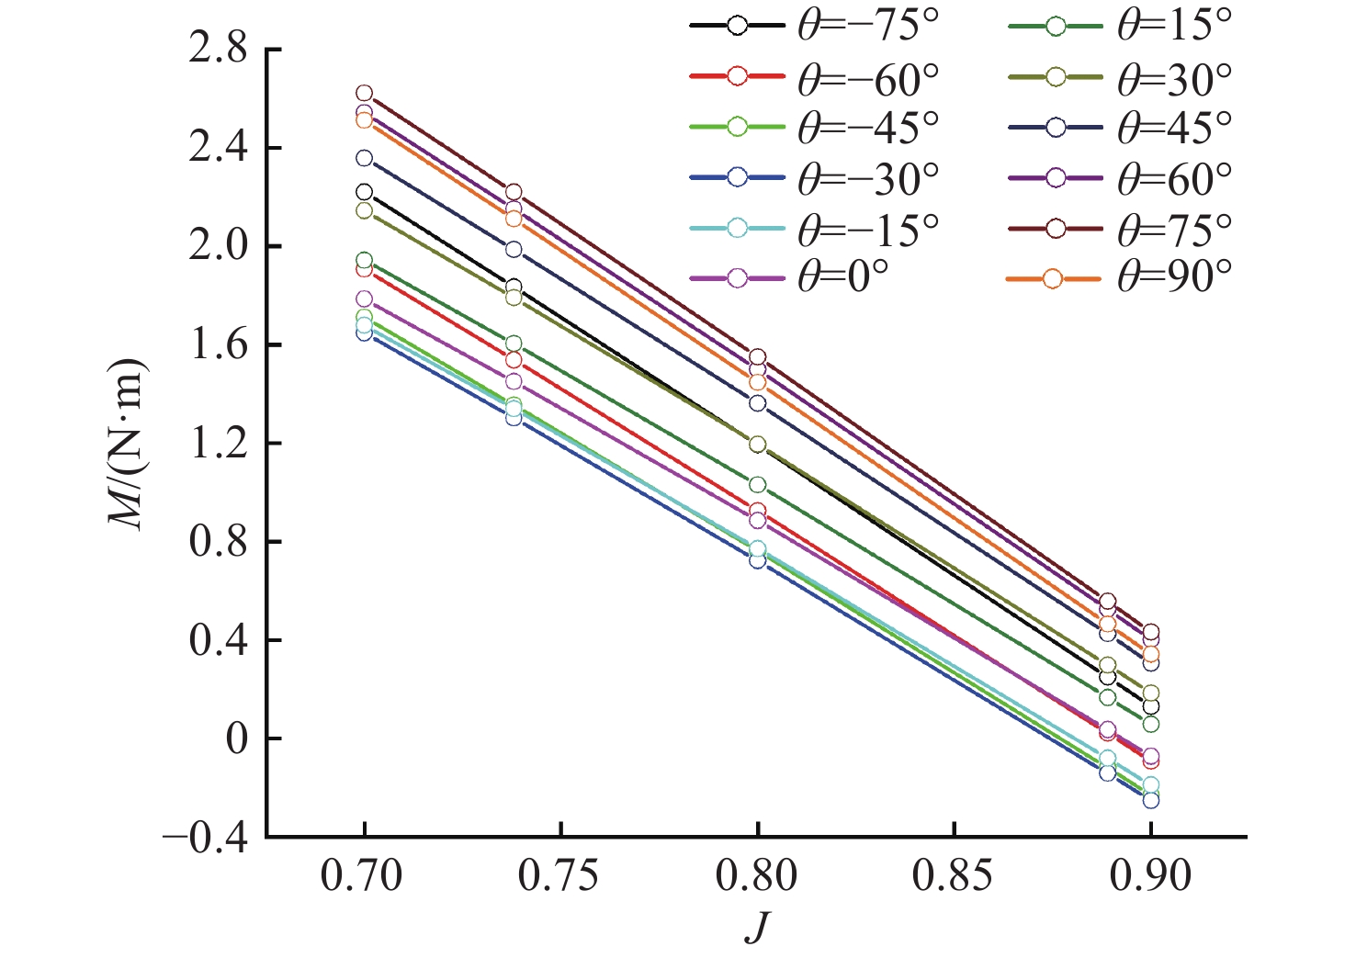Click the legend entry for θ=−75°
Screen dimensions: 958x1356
(814, 27)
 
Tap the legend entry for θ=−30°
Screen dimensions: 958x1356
(814, 177)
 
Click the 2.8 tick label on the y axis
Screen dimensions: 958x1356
(219, 50)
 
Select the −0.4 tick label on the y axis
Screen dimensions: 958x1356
(207, 838)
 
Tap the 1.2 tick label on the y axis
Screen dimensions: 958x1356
(219, 444)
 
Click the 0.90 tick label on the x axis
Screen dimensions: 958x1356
(1150, 876)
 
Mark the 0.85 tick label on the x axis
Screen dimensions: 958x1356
(954, 876)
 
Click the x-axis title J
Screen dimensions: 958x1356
(756, 928)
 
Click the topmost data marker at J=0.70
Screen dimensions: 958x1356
(364, 93)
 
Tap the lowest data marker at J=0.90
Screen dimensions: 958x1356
(1150, 800)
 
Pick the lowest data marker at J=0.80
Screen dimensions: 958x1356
(757, 560)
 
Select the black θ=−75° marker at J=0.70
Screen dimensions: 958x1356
(364, 192)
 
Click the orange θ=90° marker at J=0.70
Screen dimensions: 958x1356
(364, 120)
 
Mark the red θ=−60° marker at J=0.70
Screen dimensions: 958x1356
(364, 269)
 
